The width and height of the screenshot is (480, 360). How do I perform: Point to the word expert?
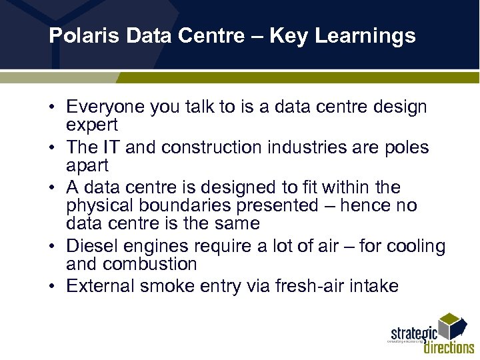pos(92,125)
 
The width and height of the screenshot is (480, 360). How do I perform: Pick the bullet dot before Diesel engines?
pos(52,247)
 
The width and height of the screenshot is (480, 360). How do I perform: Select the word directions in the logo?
pos(449,347)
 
